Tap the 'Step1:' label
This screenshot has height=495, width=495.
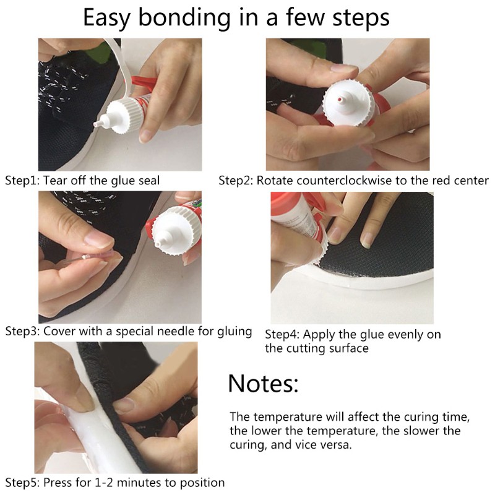tap(22, 181)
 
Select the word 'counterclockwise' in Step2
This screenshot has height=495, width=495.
tap(340, 181)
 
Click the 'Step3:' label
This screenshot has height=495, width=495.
tap(22, 331)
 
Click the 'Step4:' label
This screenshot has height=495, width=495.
tap(282, 335)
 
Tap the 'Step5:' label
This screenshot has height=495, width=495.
tap(22, 482)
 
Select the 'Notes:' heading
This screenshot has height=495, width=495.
tap(263, 384)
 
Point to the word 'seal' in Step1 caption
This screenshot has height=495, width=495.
tap(149, 181)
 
